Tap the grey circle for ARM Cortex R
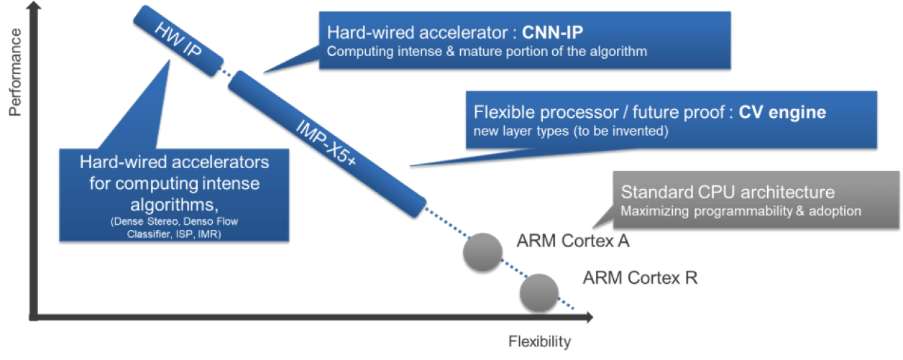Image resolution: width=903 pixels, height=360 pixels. pos(539,292)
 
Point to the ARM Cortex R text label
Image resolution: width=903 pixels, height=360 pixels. pos(639,277)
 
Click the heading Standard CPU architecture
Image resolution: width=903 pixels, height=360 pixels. pos(728,193)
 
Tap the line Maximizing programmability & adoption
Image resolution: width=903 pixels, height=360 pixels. pos(741,211)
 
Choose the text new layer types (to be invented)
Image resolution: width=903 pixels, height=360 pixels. pos(572,131)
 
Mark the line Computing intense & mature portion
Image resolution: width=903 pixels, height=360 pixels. pos(487,52)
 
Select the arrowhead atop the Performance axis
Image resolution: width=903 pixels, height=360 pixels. pos(30,10)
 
